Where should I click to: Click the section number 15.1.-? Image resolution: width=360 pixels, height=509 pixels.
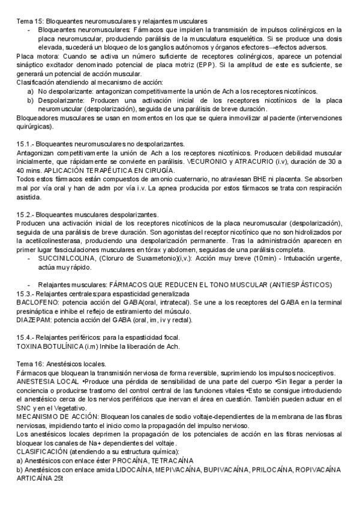click(25, 145)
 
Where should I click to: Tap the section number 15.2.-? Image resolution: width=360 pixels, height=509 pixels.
click(25, 214)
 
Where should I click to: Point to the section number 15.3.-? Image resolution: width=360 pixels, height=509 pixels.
click(25, 294)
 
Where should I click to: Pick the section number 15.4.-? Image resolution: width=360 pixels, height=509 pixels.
click(25, 338)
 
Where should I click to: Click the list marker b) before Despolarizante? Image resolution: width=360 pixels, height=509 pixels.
click(30, 100)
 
